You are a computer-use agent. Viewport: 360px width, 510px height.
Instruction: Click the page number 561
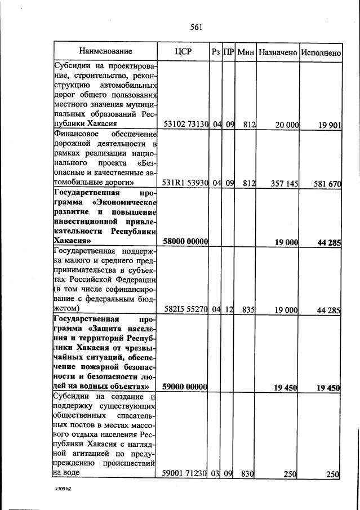(196, 26)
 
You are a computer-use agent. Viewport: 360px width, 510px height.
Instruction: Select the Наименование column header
(105, 52)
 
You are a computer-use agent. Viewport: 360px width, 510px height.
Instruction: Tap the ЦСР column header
(183, 52)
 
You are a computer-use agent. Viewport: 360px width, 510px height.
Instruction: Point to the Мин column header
(246, 52)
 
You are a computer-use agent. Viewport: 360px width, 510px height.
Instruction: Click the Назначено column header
(278, 52)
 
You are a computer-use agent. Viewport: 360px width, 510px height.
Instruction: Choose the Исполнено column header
(321, 52)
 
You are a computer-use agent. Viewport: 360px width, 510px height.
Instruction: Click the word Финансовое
(75, 134)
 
